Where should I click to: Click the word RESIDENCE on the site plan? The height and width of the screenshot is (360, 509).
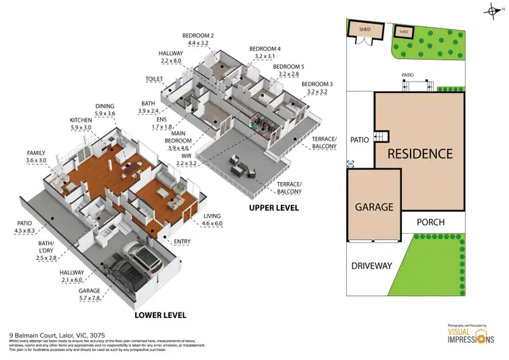point(419,154)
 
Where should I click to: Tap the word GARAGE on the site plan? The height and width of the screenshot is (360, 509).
point(373,206)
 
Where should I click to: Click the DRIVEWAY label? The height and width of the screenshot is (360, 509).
point(371,266)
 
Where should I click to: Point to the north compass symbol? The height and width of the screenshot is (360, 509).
point(493,10)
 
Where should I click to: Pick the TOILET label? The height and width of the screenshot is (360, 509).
point(154,79)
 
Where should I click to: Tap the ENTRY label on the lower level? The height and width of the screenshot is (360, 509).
point(183,241)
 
